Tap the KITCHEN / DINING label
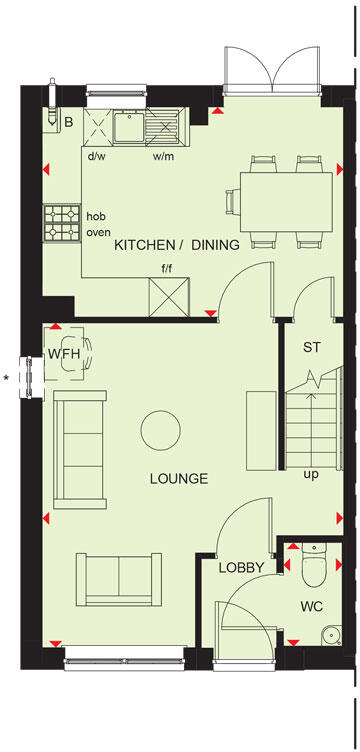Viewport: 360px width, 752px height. (177, 245)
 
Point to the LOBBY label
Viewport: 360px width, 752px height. (243, 568)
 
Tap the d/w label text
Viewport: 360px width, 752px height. (97, 157)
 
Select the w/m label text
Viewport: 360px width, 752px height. (163, 157)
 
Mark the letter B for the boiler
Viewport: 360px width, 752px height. (69, 122)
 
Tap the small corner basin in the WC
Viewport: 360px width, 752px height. (328, 633)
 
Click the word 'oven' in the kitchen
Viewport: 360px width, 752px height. (98, 233)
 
